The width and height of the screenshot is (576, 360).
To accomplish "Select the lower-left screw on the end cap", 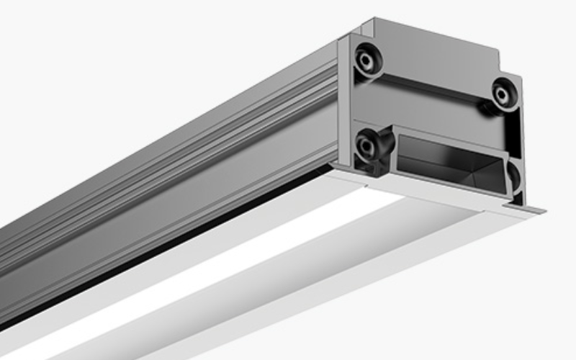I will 368,144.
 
